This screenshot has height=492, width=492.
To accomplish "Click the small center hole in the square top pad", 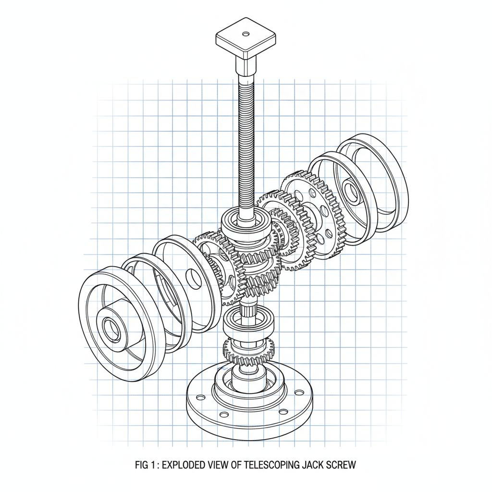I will [246, 34].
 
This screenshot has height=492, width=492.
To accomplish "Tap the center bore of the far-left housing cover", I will [111, 328].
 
